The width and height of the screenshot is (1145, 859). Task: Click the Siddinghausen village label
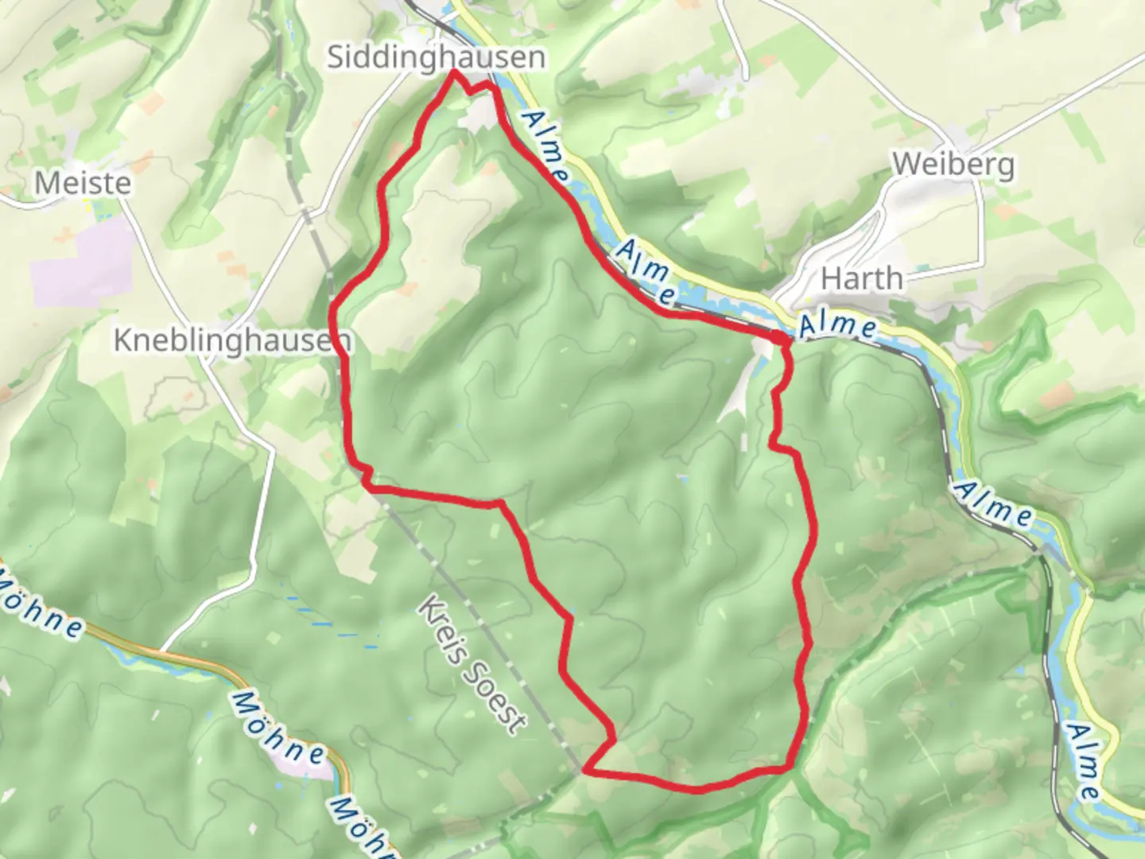pos(437,57)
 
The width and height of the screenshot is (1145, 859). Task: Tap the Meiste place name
pos(83,184)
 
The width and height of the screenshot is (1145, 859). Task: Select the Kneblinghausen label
pos(231,340)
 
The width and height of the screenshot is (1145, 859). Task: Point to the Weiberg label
pos(953,165)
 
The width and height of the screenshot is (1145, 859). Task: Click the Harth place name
pos(862,279)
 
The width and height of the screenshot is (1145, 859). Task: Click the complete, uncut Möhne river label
pos(279,727)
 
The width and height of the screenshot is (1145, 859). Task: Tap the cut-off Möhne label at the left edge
pos(40,608)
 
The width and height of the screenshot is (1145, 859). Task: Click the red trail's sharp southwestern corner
pos(585,770)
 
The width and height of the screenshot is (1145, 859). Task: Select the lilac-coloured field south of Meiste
pos(80,262)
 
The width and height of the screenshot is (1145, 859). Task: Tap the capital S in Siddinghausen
pos(337,57)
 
